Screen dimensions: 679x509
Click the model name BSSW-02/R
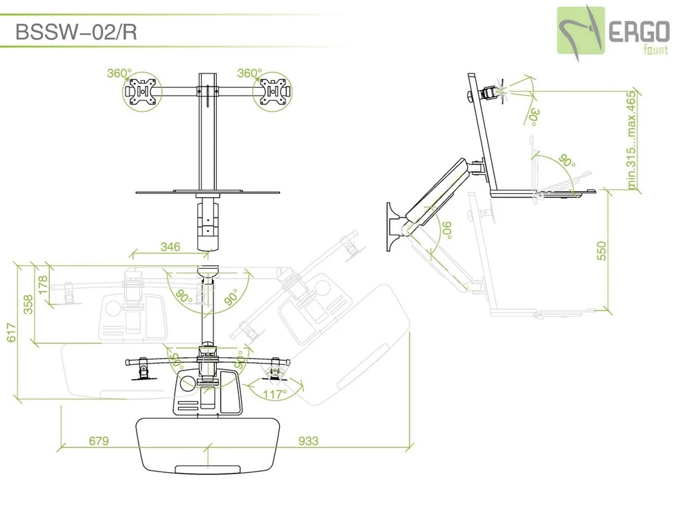pos(76,32)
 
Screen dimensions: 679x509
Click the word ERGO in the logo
pos(639,32)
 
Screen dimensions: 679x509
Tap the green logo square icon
pos(581,30)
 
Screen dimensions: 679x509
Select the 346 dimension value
pos(170,247)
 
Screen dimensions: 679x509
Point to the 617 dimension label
pos(11,332)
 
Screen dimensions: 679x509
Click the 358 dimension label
pos(28,304)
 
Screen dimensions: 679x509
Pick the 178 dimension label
pos(43,285)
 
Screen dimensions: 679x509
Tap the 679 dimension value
pos(98,440)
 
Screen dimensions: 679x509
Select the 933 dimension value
pos(308,440)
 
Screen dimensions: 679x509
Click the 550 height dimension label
pos(601,251)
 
